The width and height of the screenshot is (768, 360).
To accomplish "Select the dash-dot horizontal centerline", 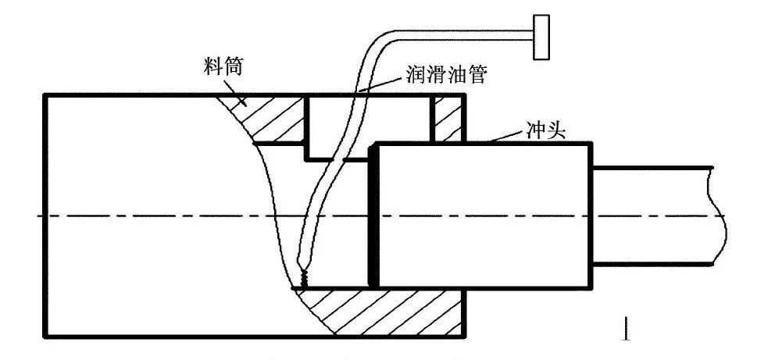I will pos(156,216).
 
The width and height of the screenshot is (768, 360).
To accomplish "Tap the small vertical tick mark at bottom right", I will pos(625,328).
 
